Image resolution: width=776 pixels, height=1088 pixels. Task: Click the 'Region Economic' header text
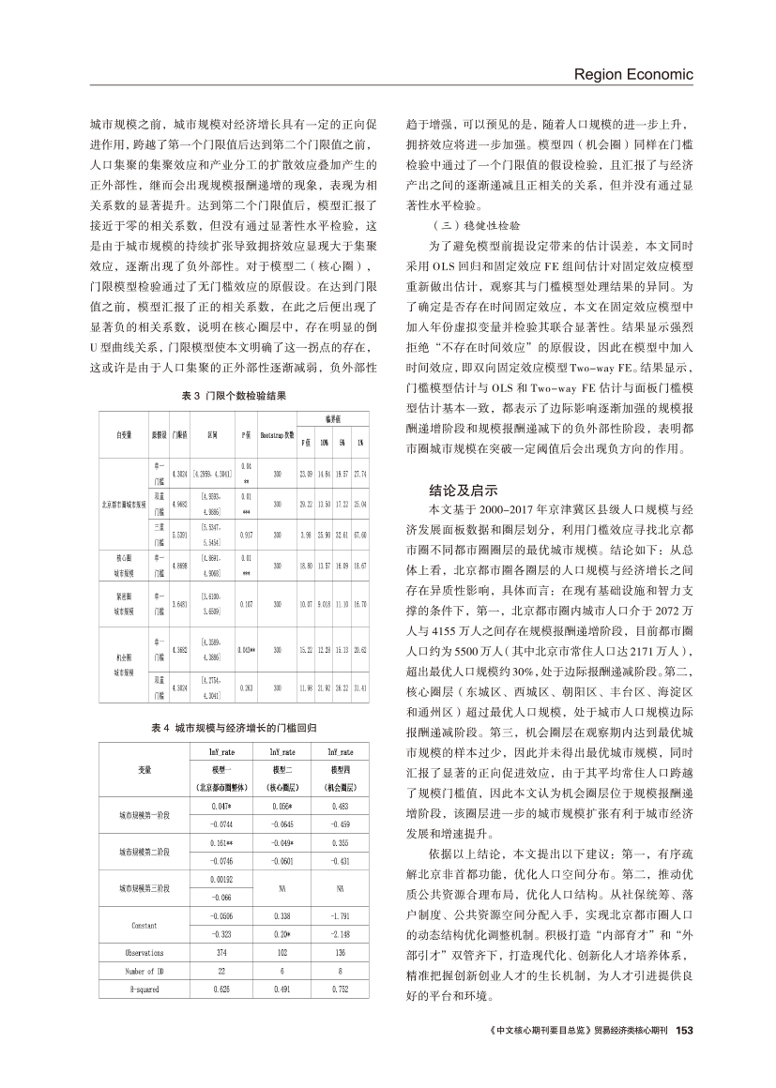pyautogui.click(x=632, y=74)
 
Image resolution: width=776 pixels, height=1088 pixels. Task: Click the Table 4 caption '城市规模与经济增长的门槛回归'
pyautogui.click(x=239, y=728)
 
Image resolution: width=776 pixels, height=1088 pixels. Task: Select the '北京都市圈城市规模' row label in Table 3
pyautogui.click(x=124, y=504)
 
